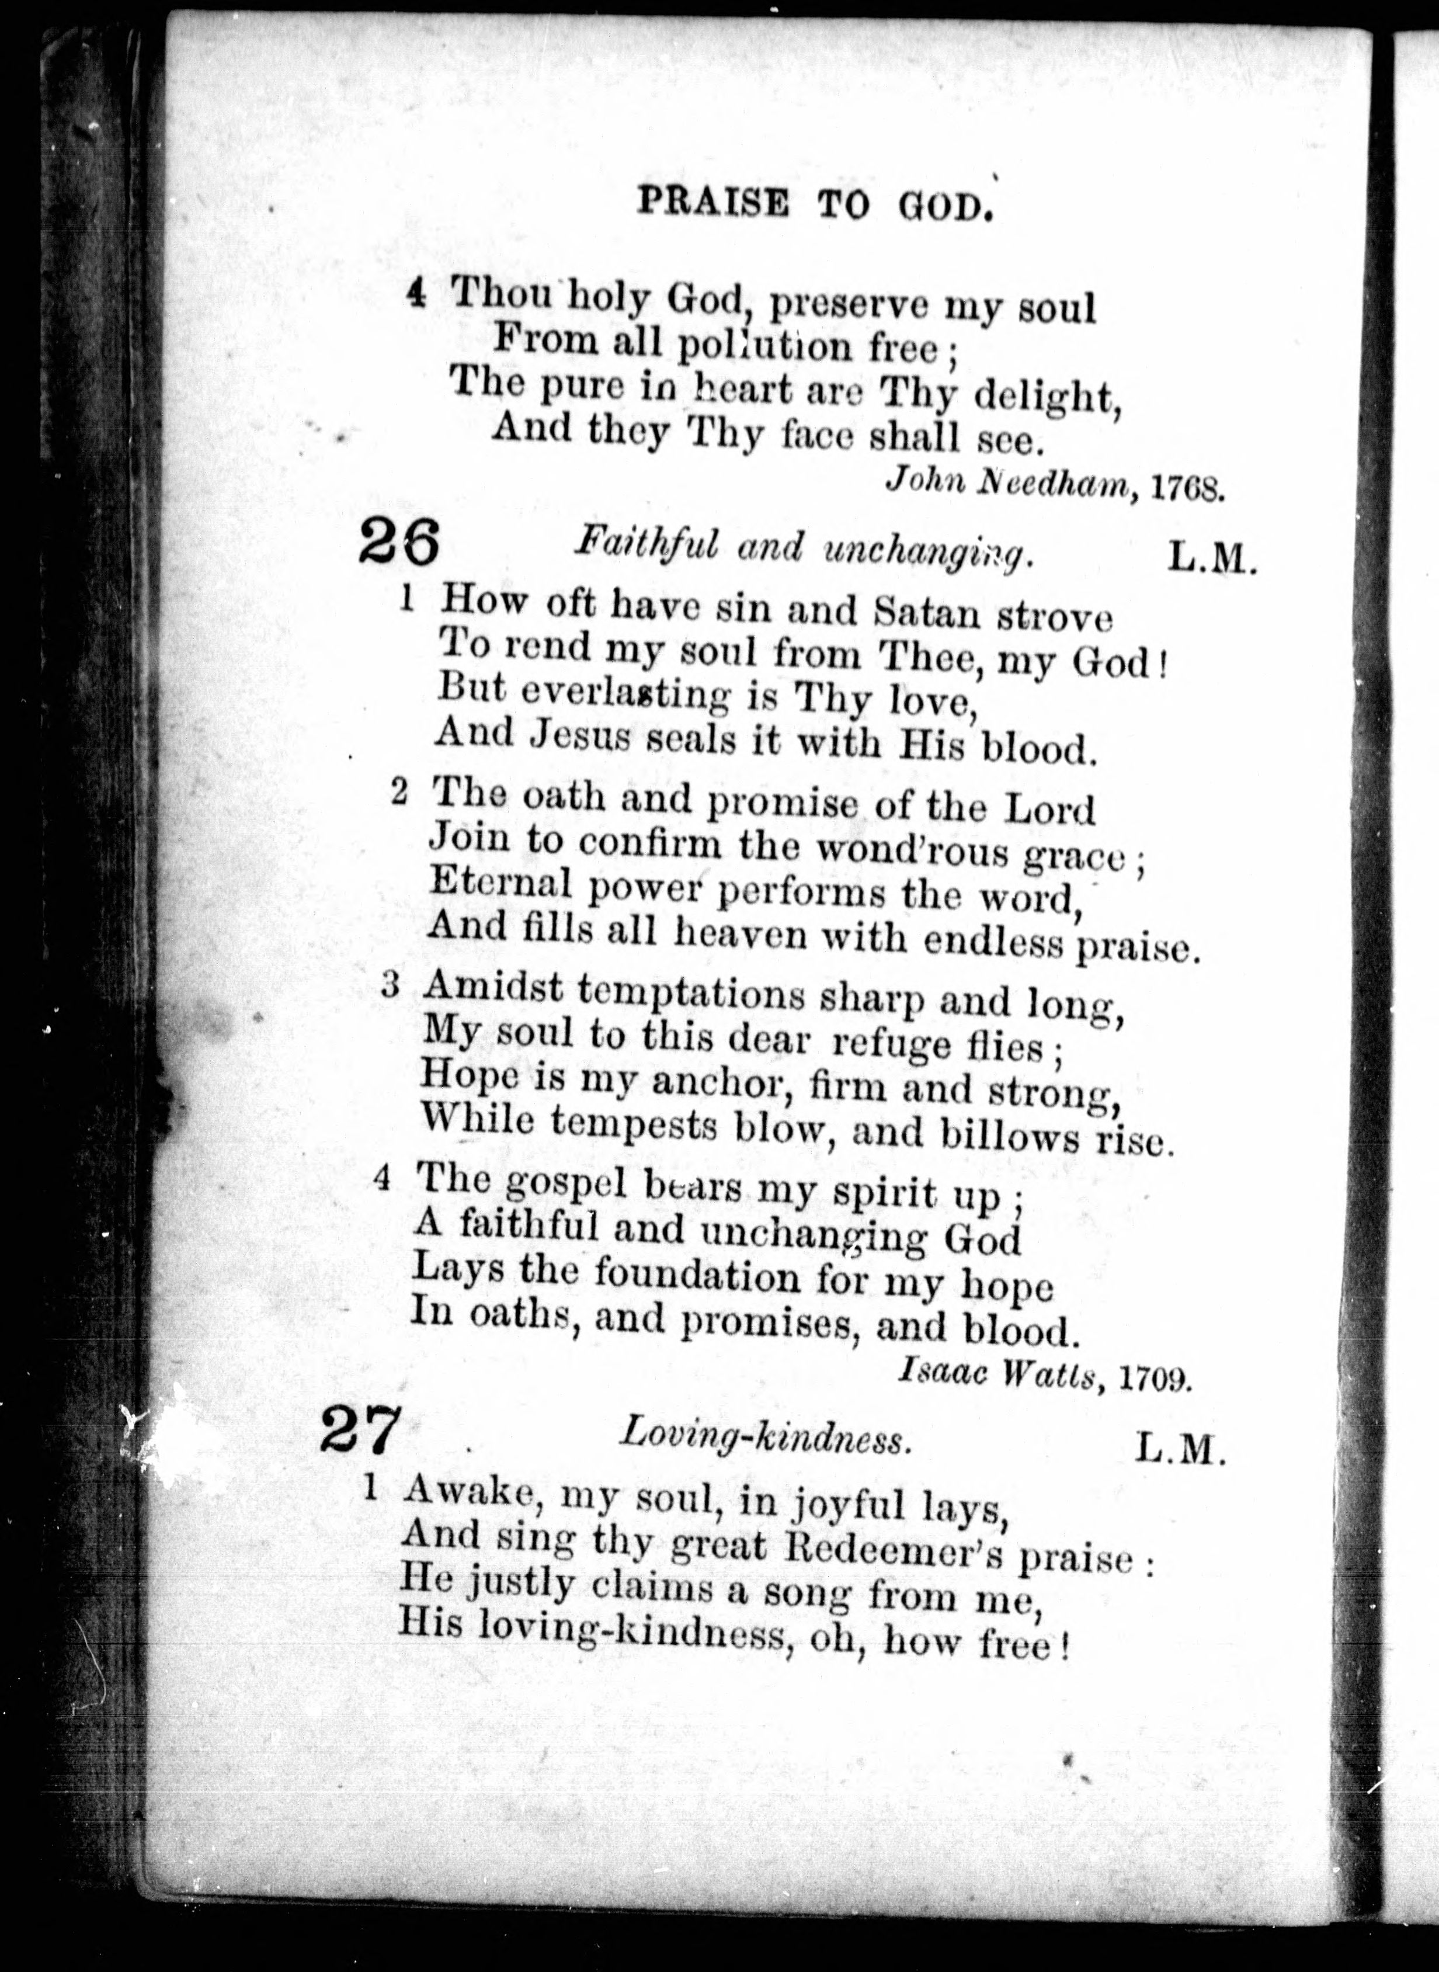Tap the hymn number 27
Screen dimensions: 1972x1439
[360, 1429]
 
